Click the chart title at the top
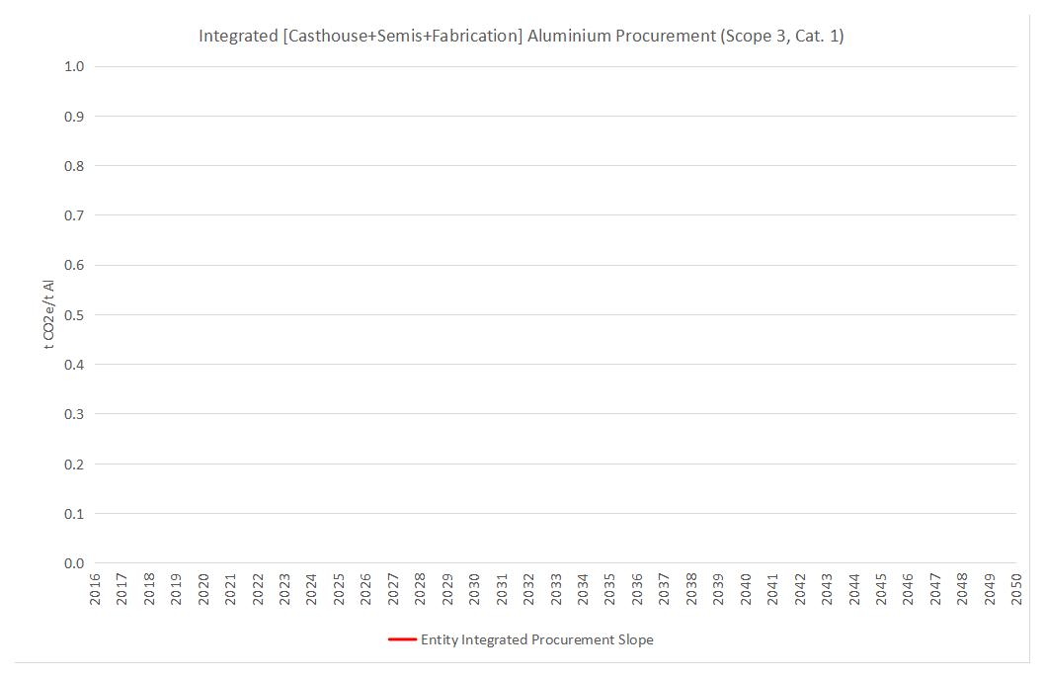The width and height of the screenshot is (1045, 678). click(x=521, y=37)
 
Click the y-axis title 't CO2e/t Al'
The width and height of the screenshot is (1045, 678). click(x=47, y=313)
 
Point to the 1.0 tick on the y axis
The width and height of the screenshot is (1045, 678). click(x=74, y=66)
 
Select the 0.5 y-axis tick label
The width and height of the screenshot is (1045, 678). click(x=74, y=315)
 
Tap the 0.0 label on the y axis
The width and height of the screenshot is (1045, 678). click(x=74, y=563)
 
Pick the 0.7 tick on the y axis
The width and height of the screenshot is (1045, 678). click(x=74, y=215)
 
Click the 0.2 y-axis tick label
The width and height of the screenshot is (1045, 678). click(x=74, y=465)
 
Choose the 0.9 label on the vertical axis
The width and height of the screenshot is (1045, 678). click(x=74, y=117)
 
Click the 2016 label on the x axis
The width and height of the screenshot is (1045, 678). click(x=96, y=590)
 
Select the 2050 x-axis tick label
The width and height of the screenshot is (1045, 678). click(x=1016, y=590)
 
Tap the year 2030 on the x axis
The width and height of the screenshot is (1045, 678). click(x=475, y=590)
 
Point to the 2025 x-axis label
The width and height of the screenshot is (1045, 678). click(x=340, y=590)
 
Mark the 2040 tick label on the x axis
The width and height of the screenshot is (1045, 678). click(x=746, y=590)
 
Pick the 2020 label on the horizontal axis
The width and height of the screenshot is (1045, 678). click(x=204, y=590)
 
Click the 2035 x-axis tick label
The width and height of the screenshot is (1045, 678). click(x=610, y=590)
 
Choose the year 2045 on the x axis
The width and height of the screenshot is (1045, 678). click(x=881, y=590)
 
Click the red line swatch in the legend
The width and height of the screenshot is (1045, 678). click(x=402, y=639)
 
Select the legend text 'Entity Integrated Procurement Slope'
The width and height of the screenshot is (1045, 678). click(x=536, y=639)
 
